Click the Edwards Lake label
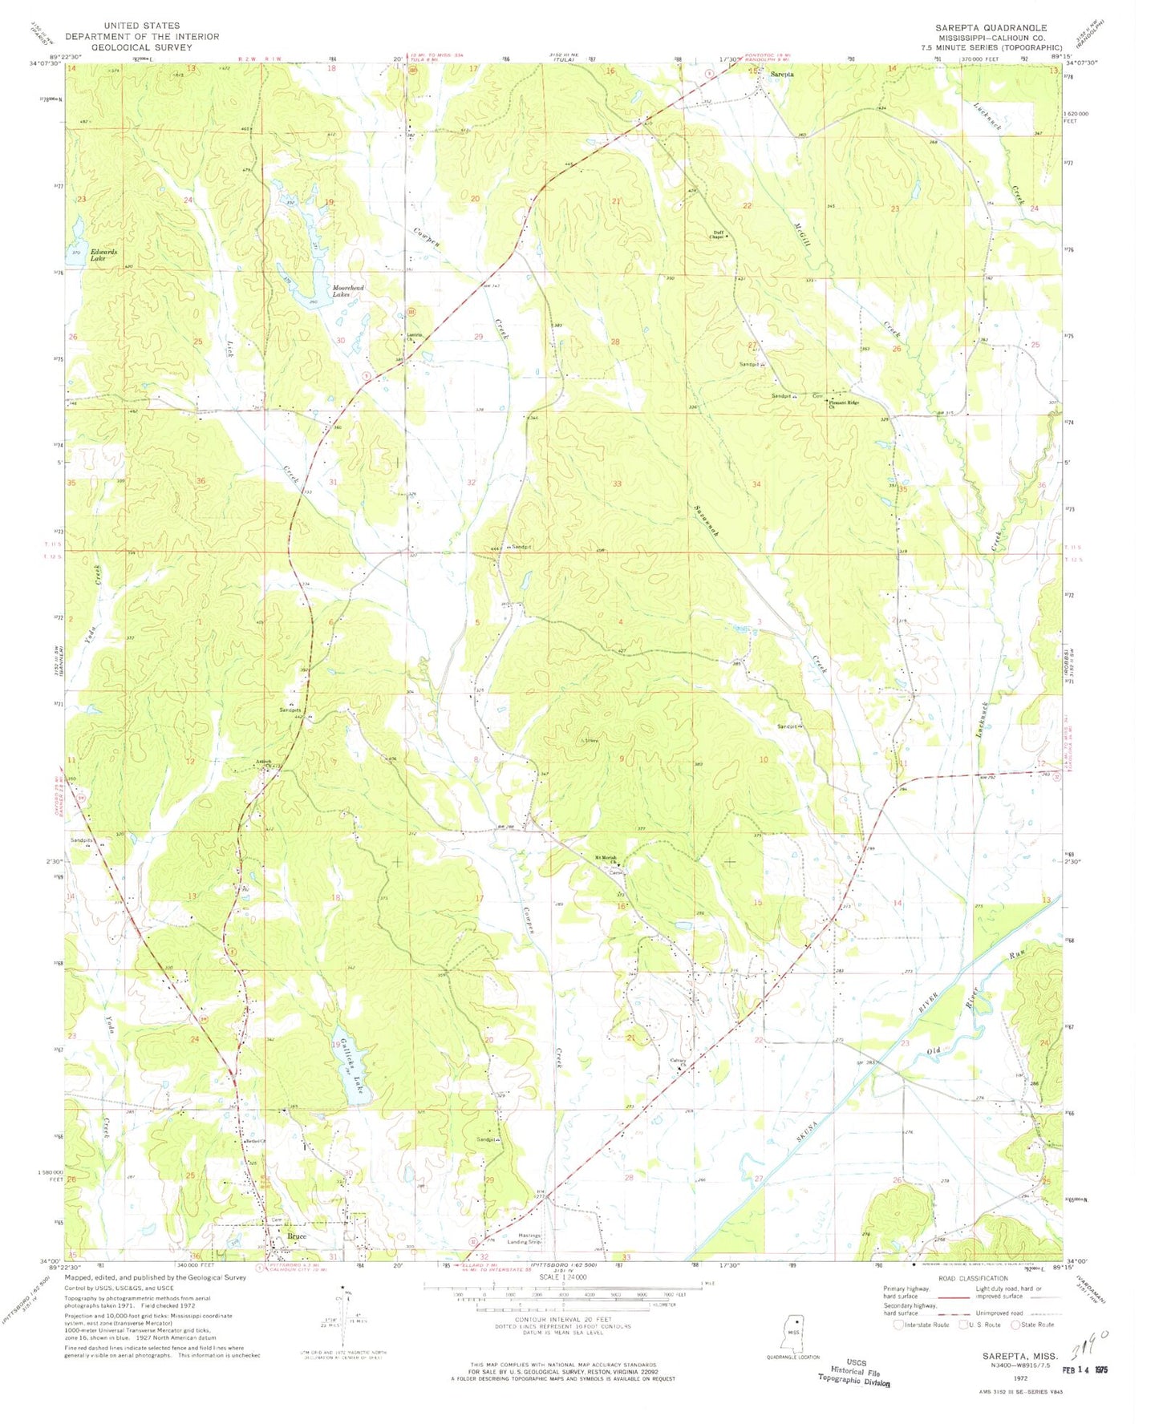click(x=103, y=255)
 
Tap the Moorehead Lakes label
click(x=348, y=291)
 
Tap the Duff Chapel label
click(x=717, y=235)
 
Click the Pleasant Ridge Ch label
click(x=844, y=404)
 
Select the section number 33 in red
click(x=617, y=484)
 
